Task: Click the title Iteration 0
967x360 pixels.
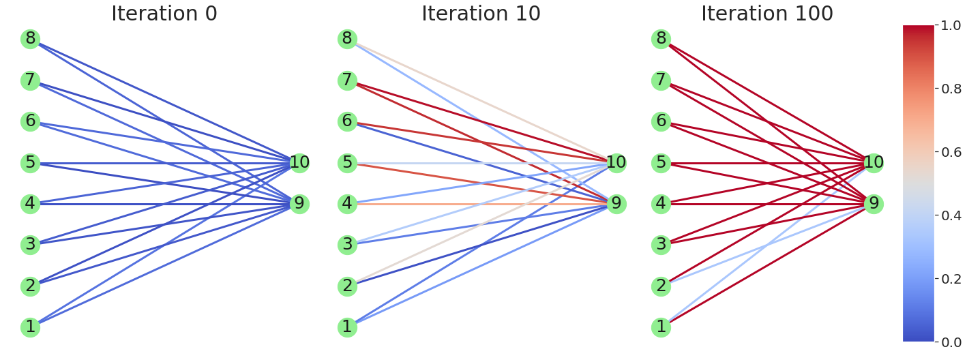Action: tap(164, 14)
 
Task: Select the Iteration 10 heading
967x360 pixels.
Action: tap(481, 14)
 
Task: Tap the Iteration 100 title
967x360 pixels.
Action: tap(767, 14)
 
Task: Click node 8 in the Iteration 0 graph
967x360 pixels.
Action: tap(30, 39)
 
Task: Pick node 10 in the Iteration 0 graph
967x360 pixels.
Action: tap(299, 163)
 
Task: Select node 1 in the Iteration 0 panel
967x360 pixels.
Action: tap(30, 327)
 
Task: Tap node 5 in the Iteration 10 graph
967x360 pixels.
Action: tap(347, 163)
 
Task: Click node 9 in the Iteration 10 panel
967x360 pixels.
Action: tap(616, 204)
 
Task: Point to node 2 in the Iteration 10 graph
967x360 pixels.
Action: tap(347, 286)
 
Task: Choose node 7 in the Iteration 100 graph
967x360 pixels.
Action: tap(661, 80)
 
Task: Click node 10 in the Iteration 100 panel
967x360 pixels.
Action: tap(874, 163)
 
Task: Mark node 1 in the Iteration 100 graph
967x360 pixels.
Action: tap(661, 327)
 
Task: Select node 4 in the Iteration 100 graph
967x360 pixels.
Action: tap(661, 204)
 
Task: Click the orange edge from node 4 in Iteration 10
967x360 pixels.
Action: tap(477, 204)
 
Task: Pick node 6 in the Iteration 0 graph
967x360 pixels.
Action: tap(30, 121)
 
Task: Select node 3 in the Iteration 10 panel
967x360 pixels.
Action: tap(347, 245)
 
